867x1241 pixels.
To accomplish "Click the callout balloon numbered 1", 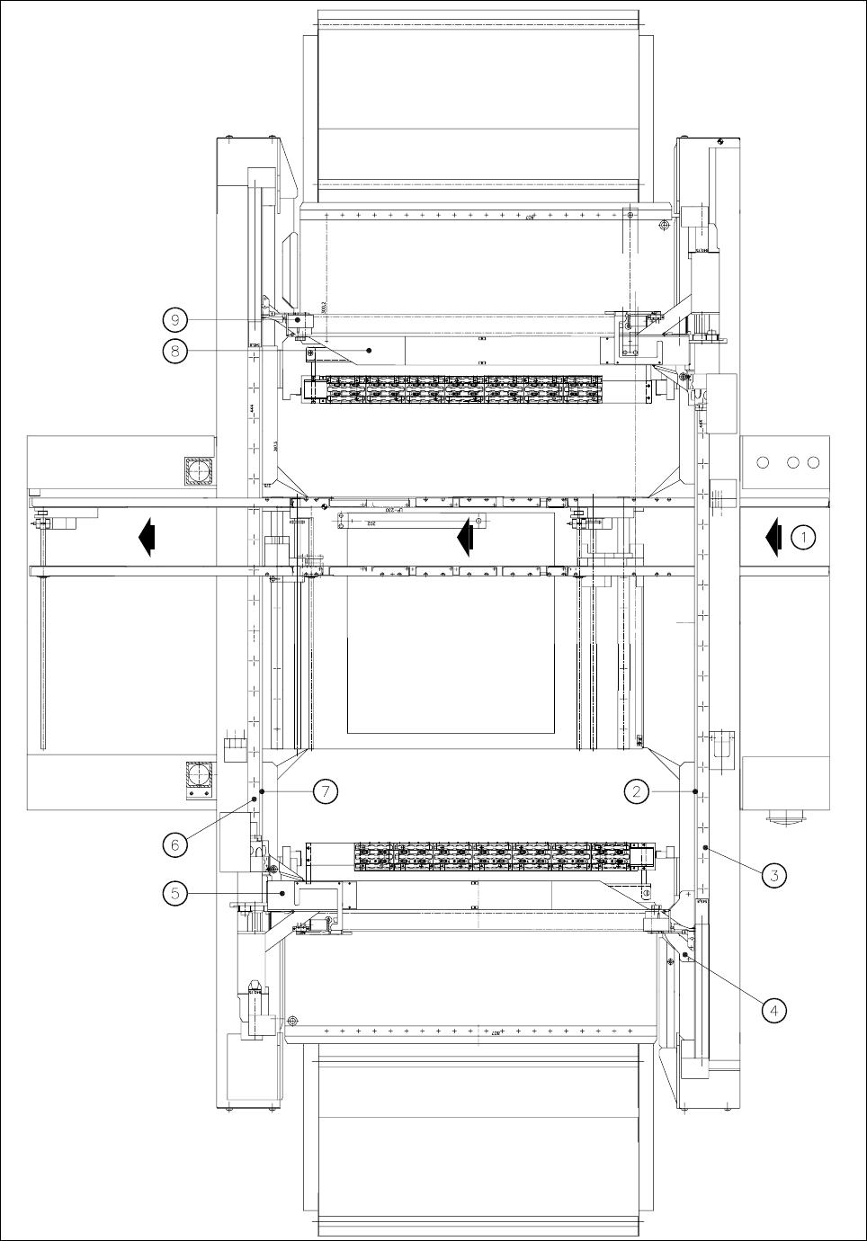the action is click(803, 538).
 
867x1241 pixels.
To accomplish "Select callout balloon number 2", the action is click(637, 791).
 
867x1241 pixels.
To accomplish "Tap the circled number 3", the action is click(773, 874).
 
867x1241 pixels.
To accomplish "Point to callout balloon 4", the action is click(773, 1009).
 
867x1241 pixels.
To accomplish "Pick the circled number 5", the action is click(175, 893).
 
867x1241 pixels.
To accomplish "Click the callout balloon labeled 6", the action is click(175, 844).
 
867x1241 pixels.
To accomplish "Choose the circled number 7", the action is click(326, 791).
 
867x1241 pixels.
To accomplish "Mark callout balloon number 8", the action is click(175, 350).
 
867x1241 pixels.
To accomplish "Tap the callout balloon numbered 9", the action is click(175, 319).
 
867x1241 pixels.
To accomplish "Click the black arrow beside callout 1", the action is click(773, 538).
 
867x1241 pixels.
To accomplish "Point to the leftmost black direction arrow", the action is click(146, 537).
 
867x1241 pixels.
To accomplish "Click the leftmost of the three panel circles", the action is click(764, 462).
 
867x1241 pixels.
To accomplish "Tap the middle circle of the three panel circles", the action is click(793, 462).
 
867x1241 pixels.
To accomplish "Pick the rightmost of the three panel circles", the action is click(813, 462).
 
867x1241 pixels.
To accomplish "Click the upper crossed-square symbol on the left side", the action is click(199, 470).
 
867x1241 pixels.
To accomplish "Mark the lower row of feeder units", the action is click(495, 857).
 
